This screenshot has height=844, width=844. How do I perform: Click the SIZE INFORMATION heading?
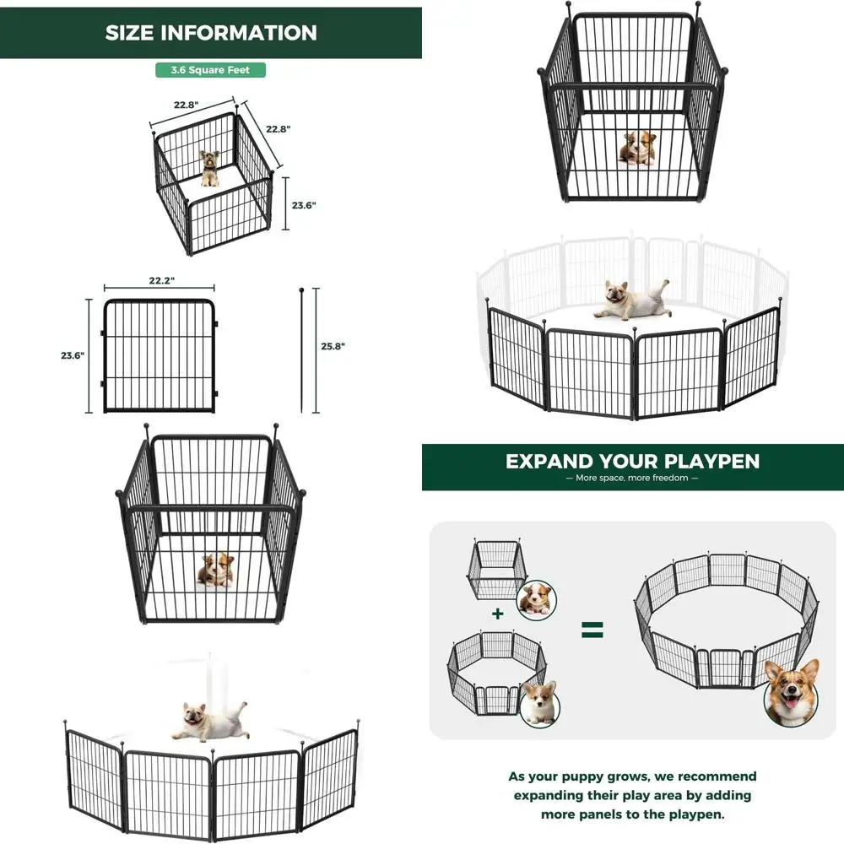(x=211, y=33)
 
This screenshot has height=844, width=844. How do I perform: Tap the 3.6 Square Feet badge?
(x=210, y=70)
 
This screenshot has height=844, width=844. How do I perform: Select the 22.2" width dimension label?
(x=159, y=280)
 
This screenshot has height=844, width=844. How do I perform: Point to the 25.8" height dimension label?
(x=333, y=346)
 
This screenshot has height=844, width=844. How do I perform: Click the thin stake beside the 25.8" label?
(x=301, y=350)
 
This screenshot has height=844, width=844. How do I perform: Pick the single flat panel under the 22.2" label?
(x=159, y=355)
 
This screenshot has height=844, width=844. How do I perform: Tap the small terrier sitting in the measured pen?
(x=209, y=167)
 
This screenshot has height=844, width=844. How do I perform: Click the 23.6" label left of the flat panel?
(x=72, y=355)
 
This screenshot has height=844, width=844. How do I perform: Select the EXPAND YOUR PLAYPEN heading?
(x=632, y=462)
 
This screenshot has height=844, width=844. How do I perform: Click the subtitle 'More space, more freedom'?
(x=632, y=479)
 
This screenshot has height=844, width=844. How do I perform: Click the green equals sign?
(x=592, y=629)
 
